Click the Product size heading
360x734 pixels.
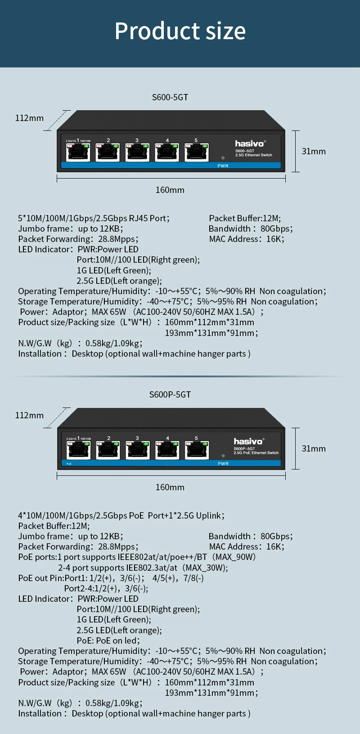[x=180, y=31]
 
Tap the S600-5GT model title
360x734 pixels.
[x=170, y=97]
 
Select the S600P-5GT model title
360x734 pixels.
[x=170, y=394]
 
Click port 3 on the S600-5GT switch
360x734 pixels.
[x=137, y=152]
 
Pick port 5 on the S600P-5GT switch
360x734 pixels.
[x=197, y=449]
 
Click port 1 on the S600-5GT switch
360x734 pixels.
[x=78, y=152]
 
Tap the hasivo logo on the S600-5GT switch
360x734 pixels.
[x=250, y=143]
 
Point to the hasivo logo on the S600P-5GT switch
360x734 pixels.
[x=248, y=441]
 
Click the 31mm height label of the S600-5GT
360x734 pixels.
[x=314, y=151]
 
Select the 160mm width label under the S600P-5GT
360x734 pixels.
[x=170, y=487]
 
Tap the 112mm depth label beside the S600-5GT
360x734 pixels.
[x=29, y=118]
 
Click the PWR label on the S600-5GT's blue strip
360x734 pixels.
[x=223, y=166]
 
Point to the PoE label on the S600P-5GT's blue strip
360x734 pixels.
[x=69, y=463]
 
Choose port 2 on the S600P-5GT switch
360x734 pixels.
[x=108, y=449]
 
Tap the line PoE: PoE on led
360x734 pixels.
[x=108, y=640]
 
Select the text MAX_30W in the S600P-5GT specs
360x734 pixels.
[x=206, y=568]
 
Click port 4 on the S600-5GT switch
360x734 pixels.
[x=167, y=152]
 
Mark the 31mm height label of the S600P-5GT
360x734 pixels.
[x=314, y=448]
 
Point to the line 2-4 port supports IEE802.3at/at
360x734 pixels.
[x=118, y=568]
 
